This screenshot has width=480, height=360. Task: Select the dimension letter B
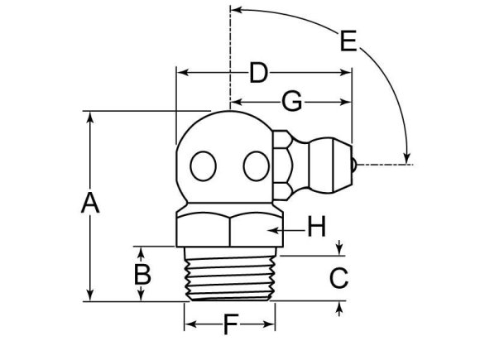(142, 274)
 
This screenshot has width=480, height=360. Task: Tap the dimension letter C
(338, 278)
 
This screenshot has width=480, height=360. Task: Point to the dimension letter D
(259, 74)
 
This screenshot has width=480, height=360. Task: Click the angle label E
(348, 39)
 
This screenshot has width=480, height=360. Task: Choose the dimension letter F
(230, 325)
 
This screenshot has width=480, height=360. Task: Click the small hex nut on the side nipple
(283, 165)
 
